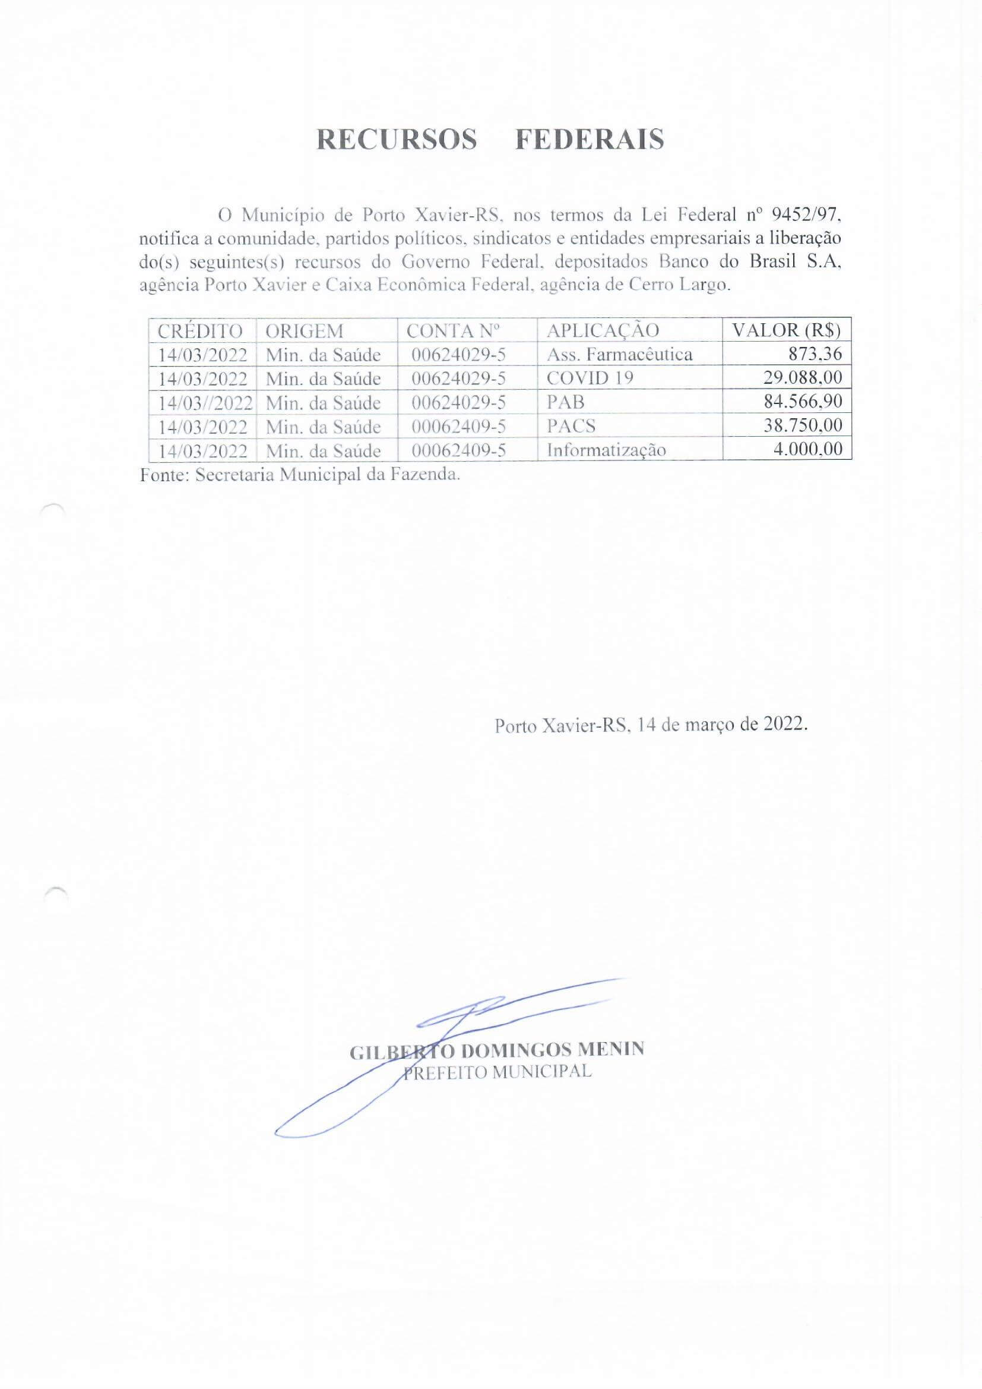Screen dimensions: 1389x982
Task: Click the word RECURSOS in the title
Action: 397,140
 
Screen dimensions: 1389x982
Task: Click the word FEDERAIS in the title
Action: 590,140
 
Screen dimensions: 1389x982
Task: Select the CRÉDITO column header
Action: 199,331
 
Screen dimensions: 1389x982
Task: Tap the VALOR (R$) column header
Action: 786,330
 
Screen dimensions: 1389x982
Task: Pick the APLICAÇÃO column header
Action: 602,331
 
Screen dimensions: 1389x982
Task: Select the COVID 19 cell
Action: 590,378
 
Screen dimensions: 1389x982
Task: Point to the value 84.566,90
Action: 803,402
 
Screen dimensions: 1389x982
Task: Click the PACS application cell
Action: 571,426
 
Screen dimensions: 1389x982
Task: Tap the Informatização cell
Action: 606,450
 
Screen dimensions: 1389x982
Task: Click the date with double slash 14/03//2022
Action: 205,403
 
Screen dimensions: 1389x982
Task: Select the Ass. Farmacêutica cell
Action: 619,354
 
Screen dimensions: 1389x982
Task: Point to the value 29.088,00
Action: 803,378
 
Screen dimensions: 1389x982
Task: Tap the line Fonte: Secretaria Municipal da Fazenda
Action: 300,475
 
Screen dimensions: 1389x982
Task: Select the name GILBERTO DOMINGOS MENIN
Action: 497,1050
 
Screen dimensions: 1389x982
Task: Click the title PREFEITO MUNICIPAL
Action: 497,1072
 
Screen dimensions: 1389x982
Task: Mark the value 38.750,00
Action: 803,425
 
